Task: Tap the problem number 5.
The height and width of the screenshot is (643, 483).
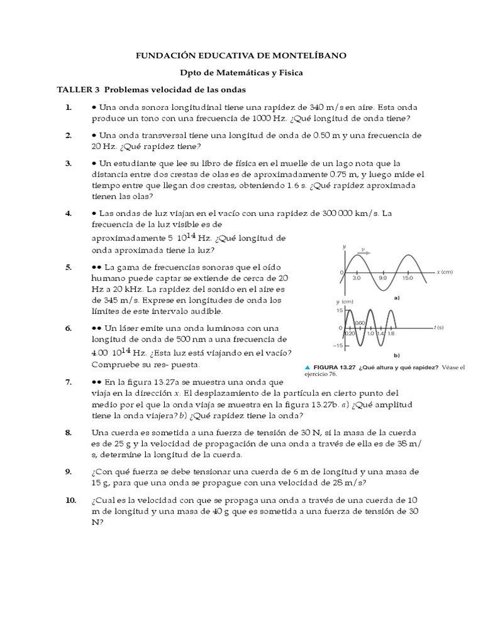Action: click(69, 267)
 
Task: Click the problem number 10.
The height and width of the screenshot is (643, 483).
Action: click(70, 500)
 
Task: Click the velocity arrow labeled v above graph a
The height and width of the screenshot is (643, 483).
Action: click(364, 251)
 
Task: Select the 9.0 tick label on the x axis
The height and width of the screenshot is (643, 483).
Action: click(382, 277)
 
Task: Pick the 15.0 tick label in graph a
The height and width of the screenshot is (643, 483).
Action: click(408, 277)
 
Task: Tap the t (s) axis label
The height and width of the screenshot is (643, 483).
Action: click(438, 327)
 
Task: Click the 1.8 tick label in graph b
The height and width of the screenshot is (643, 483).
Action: click(391, 333)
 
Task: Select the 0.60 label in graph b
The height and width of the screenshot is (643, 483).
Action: click(360, 323)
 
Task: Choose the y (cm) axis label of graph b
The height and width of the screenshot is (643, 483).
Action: click(345, 302)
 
